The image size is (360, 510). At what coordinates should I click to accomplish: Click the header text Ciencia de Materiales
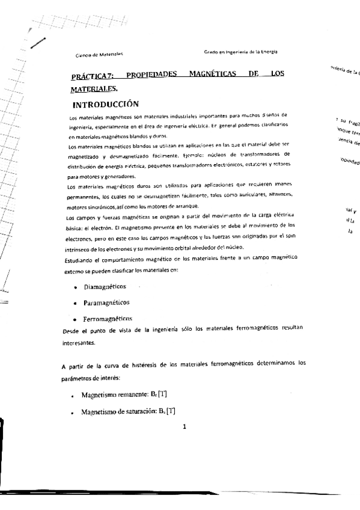[x=96, y=55]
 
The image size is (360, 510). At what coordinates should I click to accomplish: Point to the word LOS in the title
[x=276, y=75]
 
